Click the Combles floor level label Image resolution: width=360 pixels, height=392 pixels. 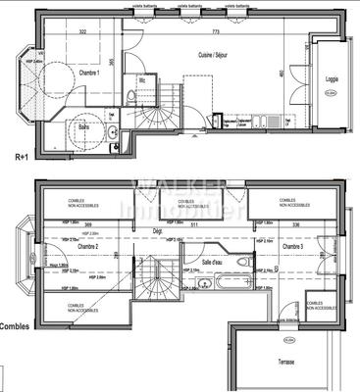(x=14, y=326)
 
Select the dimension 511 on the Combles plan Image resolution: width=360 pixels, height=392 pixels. (x=194, y=225)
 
